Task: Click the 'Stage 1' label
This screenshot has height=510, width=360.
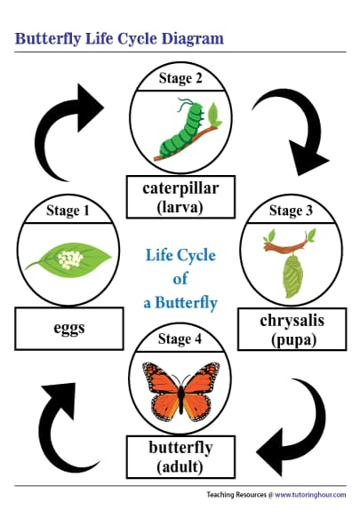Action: pyautogui.click(x=68, y=211)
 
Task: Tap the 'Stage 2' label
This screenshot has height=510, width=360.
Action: pyautogui.click(x=180, y=78)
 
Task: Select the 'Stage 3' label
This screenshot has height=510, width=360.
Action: pyautogui.click(x=291, y=211)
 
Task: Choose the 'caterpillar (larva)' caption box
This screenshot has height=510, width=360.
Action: pyautogui.click(x=180, y=197)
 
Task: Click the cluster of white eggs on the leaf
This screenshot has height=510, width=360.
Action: pyautogui.click(x=68, y=259)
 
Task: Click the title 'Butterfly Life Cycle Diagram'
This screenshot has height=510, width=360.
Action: pyautogui.click(x=119, y=39)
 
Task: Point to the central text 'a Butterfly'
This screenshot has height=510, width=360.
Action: pyautogui.click(x=180, y=302)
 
